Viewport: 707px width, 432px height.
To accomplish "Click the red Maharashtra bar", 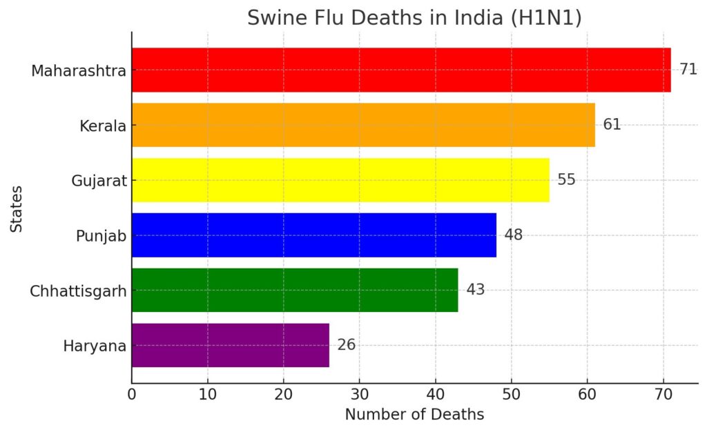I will click(400, 70).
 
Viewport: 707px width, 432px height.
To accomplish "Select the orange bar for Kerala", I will click(363, 125).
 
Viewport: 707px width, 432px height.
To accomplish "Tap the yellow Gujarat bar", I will click(340, 180).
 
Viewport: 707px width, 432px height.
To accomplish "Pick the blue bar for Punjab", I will click(313, 235).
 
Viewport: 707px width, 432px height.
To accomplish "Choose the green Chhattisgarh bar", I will click(295, 290).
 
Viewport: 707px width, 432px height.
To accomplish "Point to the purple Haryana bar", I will click(230, 345).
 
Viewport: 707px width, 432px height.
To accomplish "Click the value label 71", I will click(688, 70).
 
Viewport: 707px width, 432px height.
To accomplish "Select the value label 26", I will click(346, 345).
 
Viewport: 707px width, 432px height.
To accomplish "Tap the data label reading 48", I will click(513, 235).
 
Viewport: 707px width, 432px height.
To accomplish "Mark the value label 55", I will click(566, 180).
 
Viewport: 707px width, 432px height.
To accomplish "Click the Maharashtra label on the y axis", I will click(79, 71).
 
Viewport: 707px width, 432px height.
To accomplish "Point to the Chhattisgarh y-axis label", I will click(78, 291).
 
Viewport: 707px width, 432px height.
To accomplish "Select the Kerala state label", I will click(103, 126).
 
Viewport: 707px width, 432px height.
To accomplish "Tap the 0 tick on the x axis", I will click(132, 395).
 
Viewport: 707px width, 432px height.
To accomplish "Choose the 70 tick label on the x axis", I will click(664, 395).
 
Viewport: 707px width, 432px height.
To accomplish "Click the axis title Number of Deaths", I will click(414, 415).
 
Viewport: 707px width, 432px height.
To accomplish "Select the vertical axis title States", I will click(16, 208).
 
